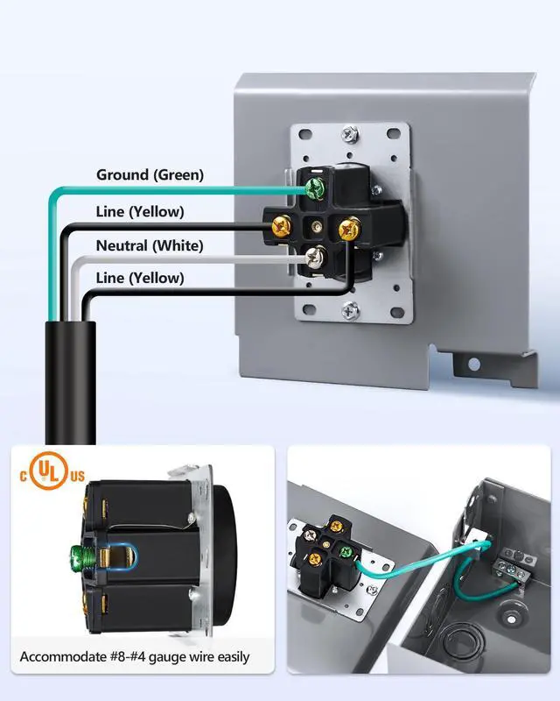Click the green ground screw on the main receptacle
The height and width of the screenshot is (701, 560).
click(x=312, y=187)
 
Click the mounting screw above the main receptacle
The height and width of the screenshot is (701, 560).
click(x=350, y=134)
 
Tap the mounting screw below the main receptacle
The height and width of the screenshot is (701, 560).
click(x=350, y=309)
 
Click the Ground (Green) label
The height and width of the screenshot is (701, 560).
click(x=150, y=175)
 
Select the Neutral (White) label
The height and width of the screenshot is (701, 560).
click(x=150, y=245)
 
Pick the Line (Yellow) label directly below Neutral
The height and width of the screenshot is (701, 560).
click(x=140, y=279)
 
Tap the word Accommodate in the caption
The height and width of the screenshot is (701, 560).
click(x=63, y=656)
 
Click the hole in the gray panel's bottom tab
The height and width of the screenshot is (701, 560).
click(x=473, y=364)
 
